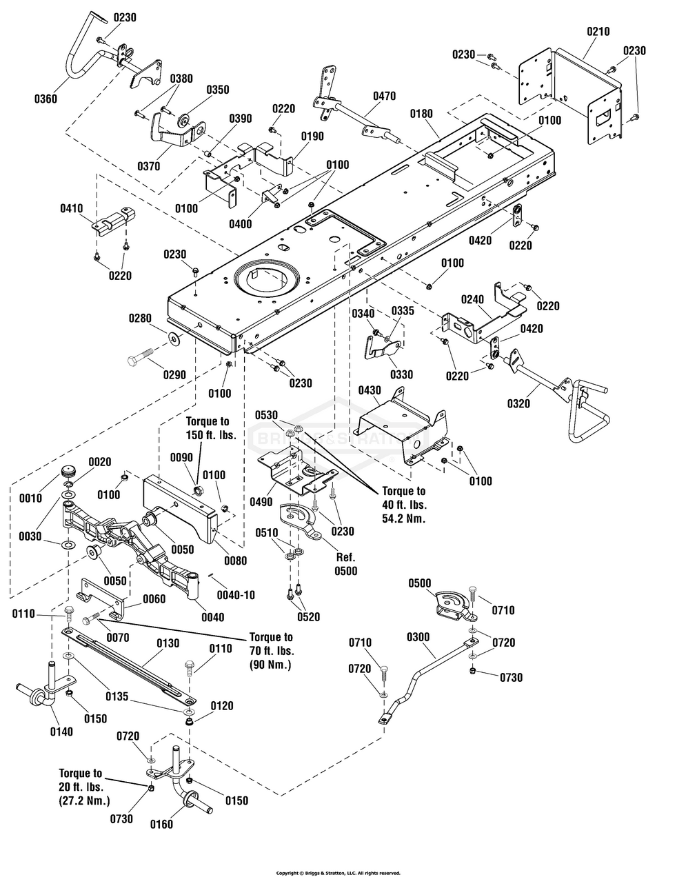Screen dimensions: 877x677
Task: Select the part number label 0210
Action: [598, 31]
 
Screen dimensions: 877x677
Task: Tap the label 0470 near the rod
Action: [384, 96]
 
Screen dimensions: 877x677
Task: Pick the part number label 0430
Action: [370, 390]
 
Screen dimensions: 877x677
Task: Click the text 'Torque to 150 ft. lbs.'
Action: [210, 428]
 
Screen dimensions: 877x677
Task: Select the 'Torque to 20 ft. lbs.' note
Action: [81, 787]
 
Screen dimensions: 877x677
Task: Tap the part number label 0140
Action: [61, 732]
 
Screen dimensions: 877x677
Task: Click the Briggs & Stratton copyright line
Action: [338, 872]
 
